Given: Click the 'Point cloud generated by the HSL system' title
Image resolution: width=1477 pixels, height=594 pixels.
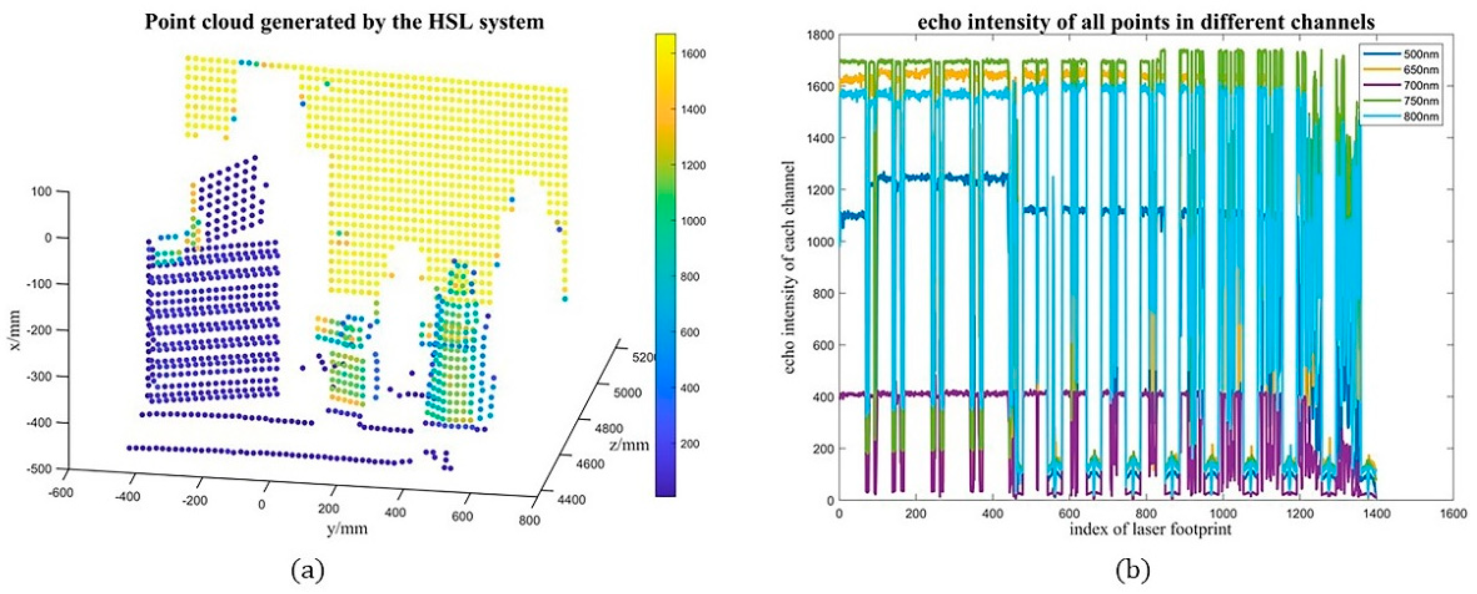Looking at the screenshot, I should pyautogui.click(x=344, y=22).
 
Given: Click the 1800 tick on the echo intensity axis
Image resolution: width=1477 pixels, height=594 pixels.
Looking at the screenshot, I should pyautogui.click(x=821, y=35).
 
